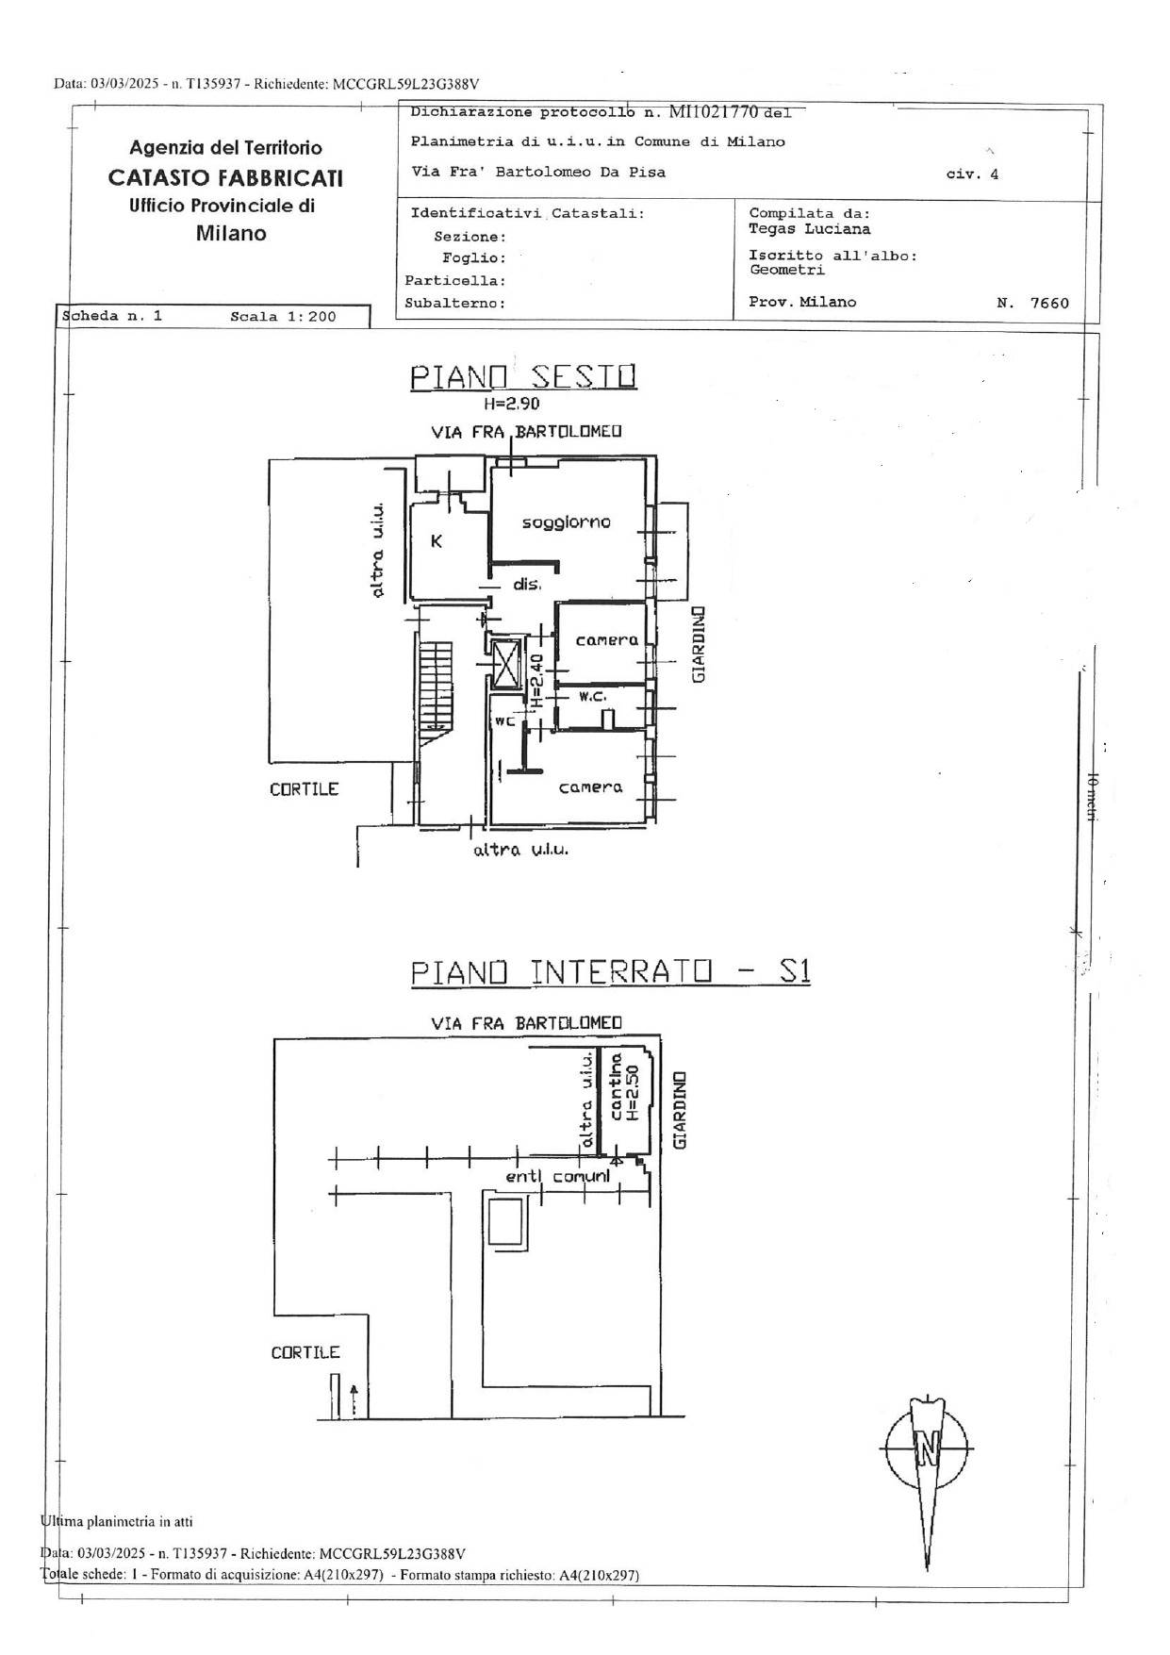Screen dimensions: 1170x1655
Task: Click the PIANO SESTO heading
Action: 523,376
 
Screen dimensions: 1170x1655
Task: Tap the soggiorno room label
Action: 567,522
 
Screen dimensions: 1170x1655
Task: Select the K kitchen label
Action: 437,541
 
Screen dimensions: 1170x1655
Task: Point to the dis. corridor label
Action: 527,585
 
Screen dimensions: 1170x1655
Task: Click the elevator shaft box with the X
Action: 507,665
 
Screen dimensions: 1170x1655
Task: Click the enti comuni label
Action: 557,1177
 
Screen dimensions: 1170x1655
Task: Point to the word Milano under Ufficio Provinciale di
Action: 231,234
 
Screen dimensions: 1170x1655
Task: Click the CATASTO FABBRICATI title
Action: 225,178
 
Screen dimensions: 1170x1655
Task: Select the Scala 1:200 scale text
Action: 283,317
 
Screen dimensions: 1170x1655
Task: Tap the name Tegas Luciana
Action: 810,229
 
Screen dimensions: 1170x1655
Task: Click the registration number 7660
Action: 1050,304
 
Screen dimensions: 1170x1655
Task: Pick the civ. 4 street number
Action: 972,174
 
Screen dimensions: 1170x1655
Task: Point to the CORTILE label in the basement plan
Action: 305,1352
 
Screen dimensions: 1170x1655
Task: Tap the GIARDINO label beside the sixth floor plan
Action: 699,645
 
